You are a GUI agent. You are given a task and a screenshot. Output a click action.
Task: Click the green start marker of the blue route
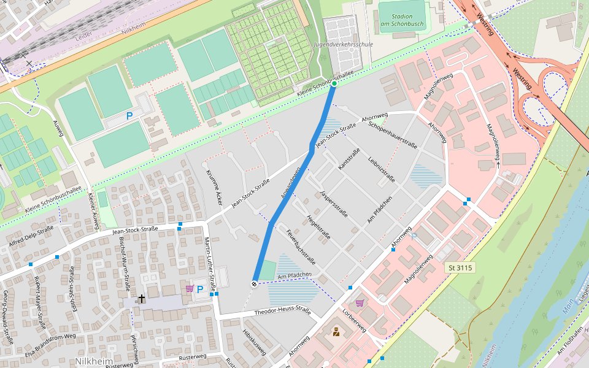point(334,83)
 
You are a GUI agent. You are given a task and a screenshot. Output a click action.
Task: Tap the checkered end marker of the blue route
point(253,283)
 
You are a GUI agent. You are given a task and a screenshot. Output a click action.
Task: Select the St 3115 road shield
point(460,268)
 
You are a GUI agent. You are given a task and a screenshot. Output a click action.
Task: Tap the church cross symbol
point(142,299)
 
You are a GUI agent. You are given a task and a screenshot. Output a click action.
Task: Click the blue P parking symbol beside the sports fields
point(129,115)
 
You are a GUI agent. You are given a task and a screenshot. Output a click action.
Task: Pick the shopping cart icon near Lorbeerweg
point(360,302)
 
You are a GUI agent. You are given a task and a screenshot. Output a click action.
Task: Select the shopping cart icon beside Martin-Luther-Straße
point(190,288)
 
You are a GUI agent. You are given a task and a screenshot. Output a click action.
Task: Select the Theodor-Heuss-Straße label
point(283,312)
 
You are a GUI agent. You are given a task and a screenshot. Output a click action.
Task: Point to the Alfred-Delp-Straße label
point(31,235)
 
